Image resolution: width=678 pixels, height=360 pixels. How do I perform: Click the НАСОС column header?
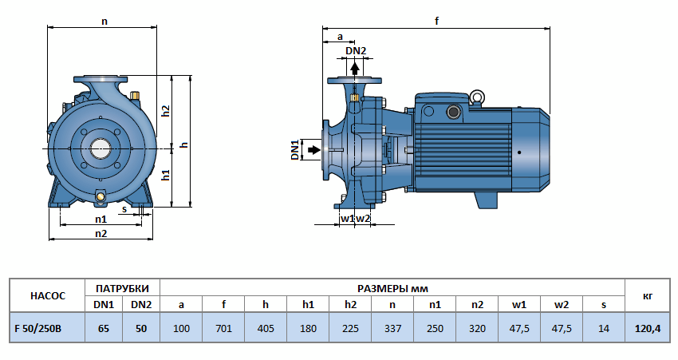tap(46, 295)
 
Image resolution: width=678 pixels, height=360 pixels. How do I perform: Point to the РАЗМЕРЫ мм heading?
tap(391, 287)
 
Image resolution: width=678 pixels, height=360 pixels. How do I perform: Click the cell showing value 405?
tap(266, 327)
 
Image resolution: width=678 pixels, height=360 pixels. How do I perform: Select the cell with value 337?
tap(392, 327)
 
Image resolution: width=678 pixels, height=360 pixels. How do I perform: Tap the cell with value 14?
tap(602, 327)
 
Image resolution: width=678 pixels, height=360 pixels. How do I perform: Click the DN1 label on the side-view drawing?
tap(294, 149)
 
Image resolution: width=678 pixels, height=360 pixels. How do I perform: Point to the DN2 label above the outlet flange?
tap(356, 52)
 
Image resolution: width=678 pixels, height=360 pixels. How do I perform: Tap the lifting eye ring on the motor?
tap(478, 98)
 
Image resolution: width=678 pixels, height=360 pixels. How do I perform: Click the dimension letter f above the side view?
tap(437, 22)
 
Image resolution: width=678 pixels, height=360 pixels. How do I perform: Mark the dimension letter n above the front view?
tap(104, 22)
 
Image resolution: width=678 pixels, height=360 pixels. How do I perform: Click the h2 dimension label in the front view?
tap(166, 111)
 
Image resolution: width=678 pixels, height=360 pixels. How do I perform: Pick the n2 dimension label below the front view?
tap(101, 233)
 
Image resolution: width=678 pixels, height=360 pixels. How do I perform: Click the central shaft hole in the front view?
tap(101, 148)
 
